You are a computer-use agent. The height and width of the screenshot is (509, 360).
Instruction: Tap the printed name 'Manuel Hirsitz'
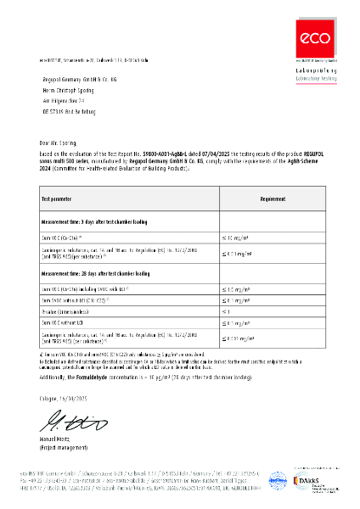pos(58,441)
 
